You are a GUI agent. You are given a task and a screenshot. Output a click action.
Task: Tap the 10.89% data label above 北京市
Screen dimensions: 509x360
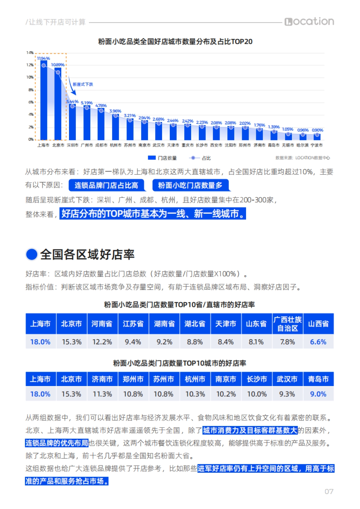click(x=58, y=65)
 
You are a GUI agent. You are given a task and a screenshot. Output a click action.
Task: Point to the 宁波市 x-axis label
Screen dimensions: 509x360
click(x=317, y=145)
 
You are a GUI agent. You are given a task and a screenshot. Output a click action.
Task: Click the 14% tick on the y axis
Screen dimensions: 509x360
click(x=30, y=53)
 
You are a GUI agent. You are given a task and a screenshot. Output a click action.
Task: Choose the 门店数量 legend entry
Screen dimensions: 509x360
click(x=162, y=158)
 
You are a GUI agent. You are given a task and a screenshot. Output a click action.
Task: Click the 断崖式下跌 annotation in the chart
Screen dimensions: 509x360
click(x=83, y=85)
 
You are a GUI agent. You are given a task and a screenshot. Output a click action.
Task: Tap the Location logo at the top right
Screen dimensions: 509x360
click(x=309, y=22)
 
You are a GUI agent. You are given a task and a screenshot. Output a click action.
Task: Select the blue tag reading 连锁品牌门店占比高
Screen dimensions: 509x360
click(x=106, y=186)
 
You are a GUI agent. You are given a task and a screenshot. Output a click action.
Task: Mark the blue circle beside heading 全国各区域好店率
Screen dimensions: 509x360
click(x=31, y=254)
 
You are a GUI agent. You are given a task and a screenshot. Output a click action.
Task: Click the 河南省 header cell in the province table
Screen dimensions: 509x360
click(x=102, y=324)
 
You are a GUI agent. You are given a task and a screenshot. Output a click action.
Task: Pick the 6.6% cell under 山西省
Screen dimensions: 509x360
click(x=318, y=342)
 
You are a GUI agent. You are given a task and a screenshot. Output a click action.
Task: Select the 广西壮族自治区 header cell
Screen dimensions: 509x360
click(x=287, y=324)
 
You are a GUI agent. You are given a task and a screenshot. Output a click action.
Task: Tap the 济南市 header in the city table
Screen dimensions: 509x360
click(x=102, y=379)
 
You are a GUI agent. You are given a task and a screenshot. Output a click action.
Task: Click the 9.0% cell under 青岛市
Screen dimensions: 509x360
click(x=318, y=394)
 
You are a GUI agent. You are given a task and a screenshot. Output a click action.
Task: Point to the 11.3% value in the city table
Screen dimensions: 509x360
click(x=102, y=394)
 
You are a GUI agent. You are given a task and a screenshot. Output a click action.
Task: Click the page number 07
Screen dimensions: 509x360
click(x=329, y=492)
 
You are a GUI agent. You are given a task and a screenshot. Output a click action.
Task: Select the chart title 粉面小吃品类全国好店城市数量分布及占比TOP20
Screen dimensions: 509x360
click(x=175, y=42)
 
